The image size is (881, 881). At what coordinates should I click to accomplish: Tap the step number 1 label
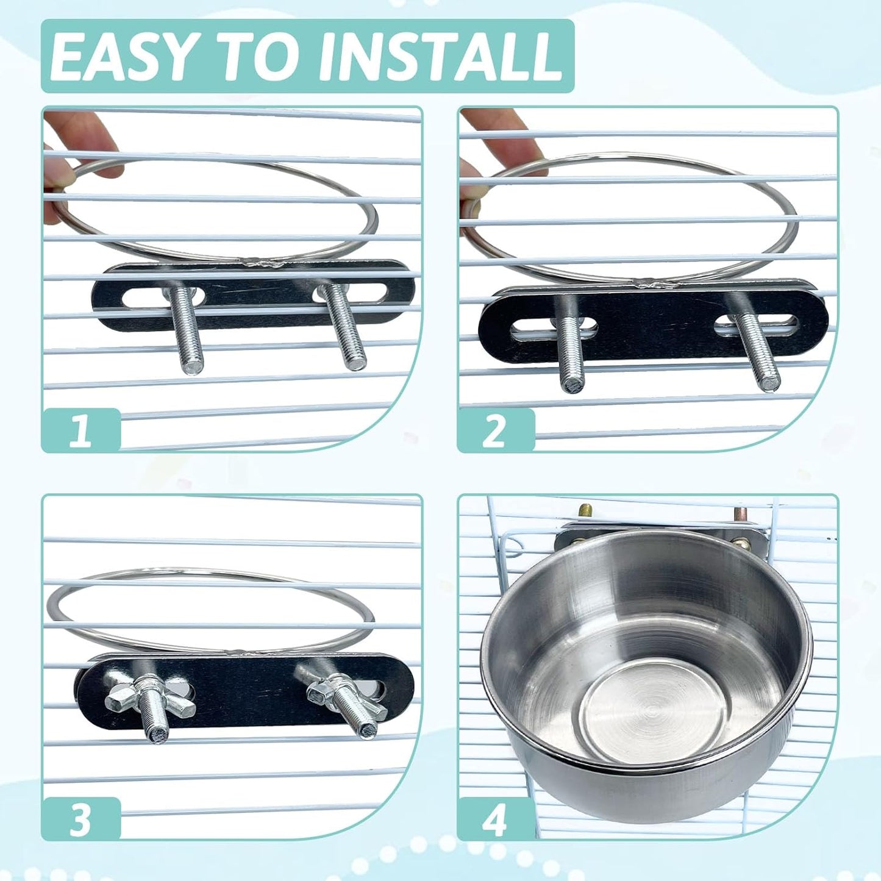[x=80, y=430]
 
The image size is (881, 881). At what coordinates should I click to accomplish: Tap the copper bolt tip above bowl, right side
[x=741, y=514]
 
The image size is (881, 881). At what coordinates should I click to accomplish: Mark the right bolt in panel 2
[x=759, y=354]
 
